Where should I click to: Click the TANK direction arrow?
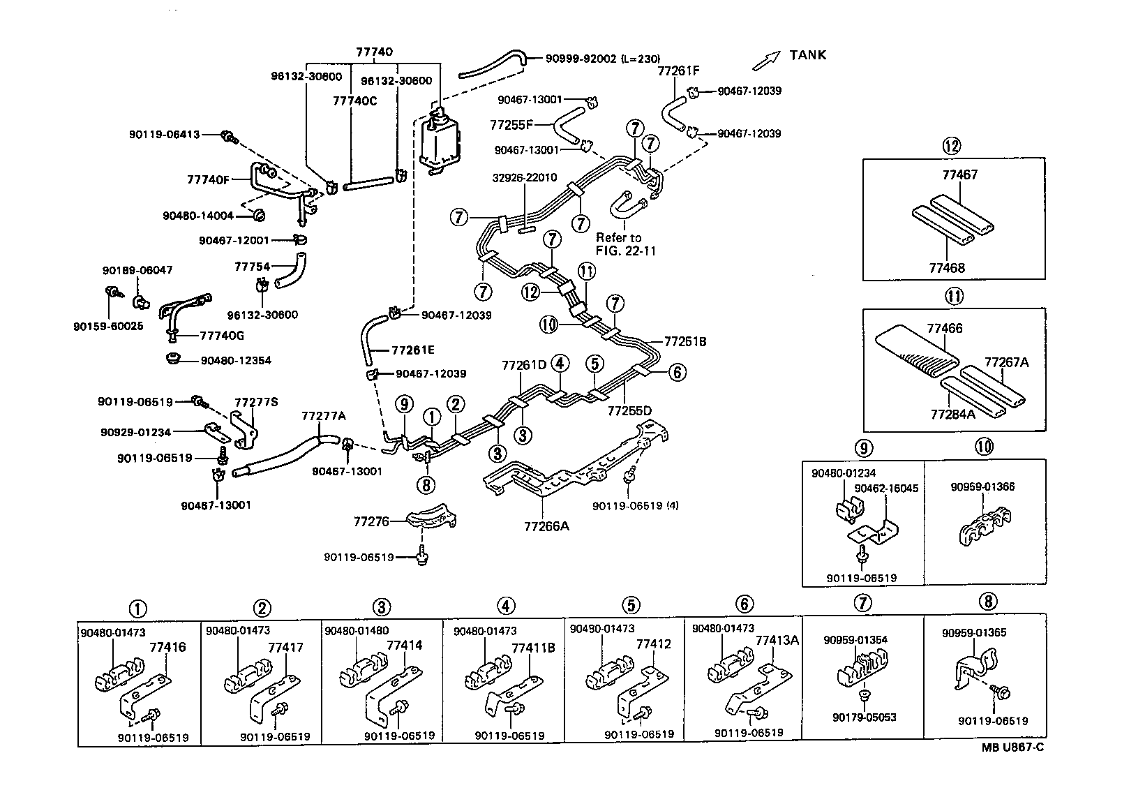765,61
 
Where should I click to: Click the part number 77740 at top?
374,52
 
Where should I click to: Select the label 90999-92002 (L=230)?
602,59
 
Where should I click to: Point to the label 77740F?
208,179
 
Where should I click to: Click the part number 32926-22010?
524,177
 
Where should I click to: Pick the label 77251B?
685,341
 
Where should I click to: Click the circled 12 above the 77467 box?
951,146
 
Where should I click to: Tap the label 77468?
947,268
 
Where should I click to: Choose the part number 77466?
945,327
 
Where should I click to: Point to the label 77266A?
546,526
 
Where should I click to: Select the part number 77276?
371,521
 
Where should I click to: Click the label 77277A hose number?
323,416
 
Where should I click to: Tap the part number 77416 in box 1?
167,647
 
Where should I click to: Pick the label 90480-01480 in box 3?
357,631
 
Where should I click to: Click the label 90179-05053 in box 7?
864,717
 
